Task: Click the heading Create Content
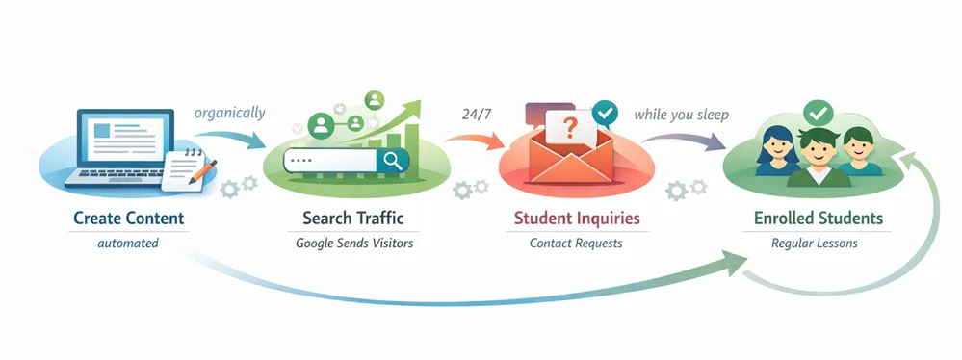128,219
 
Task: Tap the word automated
128,244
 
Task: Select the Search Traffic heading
353,219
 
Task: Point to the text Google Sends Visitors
353,244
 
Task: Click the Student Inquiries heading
576,219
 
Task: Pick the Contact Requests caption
576,244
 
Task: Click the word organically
229,113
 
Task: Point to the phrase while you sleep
681,115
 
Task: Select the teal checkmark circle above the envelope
605,114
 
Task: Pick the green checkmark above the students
819,112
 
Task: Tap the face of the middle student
817,155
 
